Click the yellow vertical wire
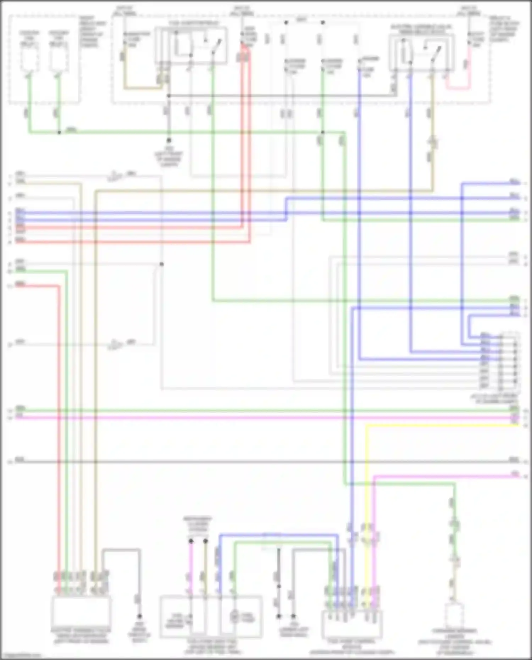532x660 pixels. click(367, 497)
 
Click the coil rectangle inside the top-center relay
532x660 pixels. click(183, 46)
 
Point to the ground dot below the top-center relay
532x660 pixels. click(169, 140)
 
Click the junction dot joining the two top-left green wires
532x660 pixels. click(59, 133)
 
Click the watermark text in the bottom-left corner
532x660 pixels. click(21, 656)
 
